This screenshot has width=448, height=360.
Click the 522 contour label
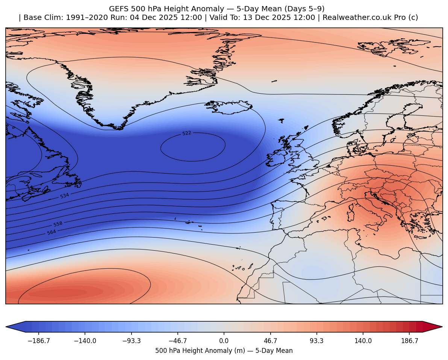tap(187, 133)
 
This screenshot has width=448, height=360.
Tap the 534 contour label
tap(65, 196)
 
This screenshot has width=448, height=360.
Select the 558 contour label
tap(58, 224)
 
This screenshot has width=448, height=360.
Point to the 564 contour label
tap(51, 232)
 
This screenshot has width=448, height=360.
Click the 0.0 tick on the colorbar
tap(224, 341)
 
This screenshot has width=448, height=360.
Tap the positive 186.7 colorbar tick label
tap(410, 341)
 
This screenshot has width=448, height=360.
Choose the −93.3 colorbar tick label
tap(131, 341)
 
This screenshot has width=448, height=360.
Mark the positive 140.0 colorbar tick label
tap(363, 341)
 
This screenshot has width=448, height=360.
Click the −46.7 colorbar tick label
tap(177, 341)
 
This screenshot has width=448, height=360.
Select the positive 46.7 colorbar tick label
tap(271, 341)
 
